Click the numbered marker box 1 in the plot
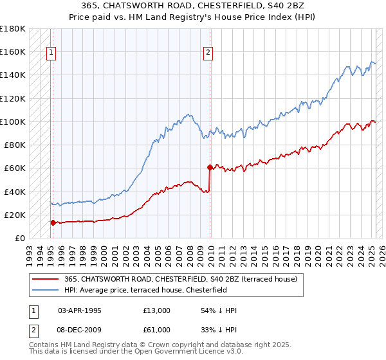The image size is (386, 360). pyautogui.click(x=51, y=54)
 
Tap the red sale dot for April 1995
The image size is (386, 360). pyautogui.click(x=53, y=223)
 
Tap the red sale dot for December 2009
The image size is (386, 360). pyautogui.click(x=210, y=167)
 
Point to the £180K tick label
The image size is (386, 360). pyautogui.click(x=13, y=28)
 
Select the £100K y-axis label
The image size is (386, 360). pyautogui.click(x=13, y=122)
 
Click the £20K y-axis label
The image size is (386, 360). pyautogui.click(x=15, y=215)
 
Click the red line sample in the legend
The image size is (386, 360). pyautogui.click(x=46, y=279)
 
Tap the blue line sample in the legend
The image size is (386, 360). pyautogui.click(x=46, y=290)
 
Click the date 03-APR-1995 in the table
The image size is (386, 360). pyautogui.click(x=80, y=310)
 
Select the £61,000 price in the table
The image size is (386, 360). pyautogui.click(x=157, y=330)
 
